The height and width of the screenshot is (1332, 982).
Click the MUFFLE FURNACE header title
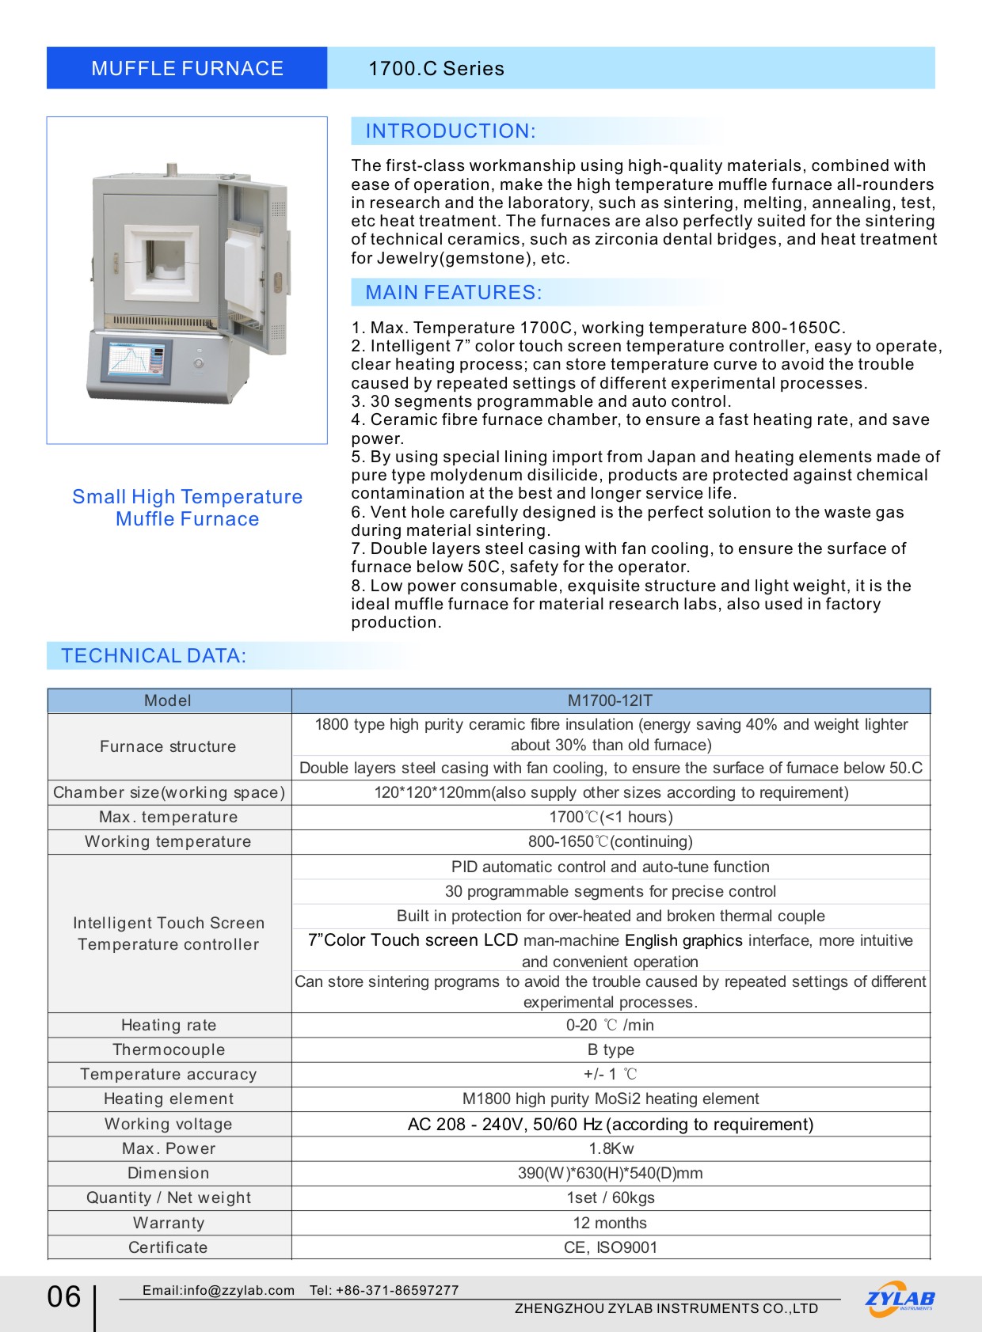[187, 68]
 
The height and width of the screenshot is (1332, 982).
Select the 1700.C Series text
[436, 69]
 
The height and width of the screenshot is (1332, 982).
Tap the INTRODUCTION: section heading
[451, 131]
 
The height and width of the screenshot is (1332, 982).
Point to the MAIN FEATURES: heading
[454, 293]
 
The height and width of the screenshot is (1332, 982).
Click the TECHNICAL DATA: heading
[154, 656]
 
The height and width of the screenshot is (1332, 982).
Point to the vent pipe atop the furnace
[170, 172]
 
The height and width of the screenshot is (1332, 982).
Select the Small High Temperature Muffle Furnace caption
[188, 508]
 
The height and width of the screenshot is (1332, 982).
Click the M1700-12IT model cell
[611, 700]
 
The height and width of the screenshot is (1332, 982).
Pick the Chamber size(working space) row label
[169, 792]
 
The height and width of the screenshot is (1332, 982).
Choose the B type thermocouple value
[611, 1049]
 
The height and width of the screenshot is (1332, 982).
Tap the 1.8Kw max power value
[611, 1148]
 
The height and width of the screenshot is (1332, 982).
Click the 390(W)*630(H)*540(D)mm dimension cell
[611, 1173]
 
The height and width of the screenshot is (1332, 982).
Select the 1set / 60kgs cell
[611, 1197]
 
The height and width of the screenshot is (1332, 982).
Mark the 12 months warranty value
[611, 1223]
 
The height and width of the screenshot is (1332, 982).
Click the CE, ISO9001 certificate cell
[611, 1247]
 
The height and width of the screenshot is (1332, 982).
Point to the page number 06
[64, 1297]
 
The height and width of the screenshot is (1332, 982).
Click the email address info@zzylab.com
[238, 1290]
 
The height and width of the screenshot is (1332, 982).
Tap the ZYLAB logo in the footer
[900, 1299]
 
